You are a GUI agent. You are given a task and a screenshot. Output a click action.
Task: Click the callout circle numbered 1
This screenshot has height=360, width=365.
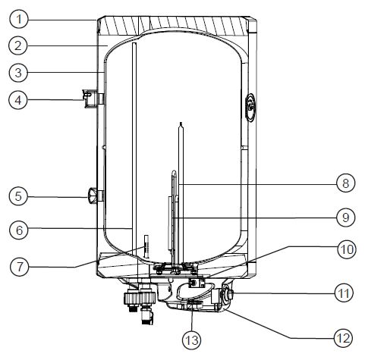click(x=19, y=19)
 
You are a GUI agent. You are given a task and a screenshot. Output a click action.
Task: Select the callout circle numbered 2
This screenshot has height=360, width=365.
click(x=17, y=45)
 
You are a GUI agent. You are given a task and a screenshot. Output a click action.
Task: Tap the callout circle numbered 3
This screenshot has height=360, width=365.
click(x=18, y=73)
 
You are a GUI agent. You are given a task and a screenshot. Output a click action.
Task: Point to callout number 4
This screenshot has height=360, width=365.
click(x=17, y=100)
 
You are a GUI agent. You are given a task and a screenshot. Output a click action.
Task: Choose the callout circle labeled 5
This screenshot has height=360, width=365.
click(x=18, y=196)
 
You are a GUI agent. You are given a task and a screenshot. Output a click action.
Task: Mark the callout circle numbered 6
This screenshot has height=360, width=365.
click(x=19, y=230)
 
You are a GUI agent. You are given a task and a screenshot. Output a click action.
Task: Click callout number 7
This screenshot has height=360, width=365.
click(x=20, y=267)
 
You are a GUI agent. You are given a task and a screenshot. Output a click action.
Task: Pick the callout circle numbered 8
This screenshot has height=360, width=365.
click(x=346, y=183)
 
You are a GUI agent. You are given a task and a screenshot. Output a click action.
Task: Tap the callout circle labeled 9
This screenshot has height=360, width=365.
click(x=346, y=218)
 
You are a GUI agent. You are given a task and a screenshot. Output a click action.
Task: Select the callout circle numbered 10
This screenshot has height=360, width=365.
click(x=347, y=249)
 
